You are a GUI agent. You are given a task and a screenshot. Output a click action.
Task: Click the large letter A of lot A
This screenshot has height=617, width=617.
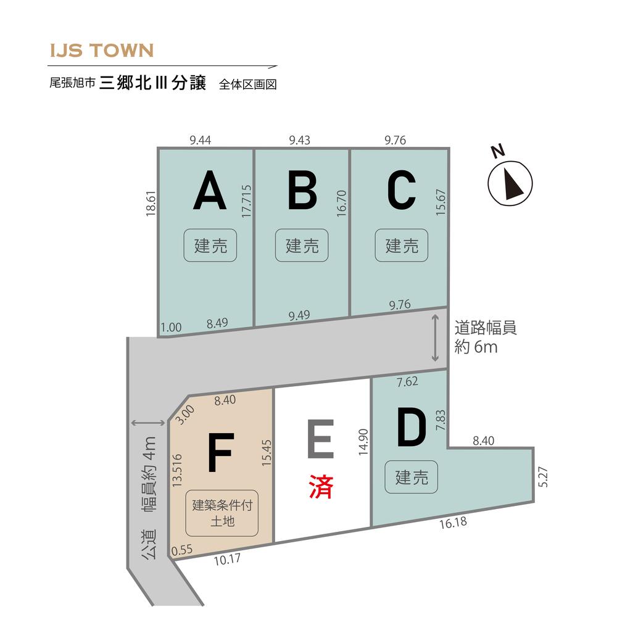pyautogui.click(x=210, y=190)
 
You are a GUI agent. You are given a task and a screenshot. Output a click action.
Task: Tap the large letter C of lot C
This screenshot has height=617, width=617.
pyautogui.click(x=402, y=190)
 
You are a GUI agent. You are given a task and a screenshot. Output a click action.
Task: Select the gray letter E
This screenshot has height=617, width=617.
pyautogui.click(x=321, y=439)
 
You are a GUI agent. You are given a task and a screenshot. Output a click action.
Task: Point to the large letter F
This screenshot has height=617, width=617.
pyautogui.click(x=221, y=452)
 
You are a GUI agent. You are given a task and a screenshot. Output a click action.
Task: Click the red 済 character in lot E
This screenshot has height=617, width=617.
pyautogui.click(x=321, y=486)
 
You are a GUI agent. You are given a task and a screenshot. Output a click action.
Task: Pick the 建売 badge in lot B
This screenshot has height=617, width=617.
pyautogui.click(x=302, y=245)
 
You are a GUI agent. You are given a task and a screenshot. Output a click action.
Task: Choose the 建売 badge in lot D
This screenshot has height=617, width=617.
pyautogui.click(x=411, y=477)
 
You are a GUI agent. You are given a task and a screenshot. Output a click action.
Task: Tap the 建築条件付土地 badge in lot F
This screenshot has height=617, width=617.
pyautogui.click(x=222, y=513)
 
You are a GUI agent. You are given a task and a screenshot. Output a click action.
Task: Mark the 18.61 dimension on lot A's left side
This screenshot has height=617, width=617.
pyautogui.click(x=151, y=204)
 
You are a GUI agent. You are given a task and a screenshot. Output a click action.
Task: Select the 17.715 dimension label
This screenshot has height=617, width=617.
pyautogui.click(x=246, y=201)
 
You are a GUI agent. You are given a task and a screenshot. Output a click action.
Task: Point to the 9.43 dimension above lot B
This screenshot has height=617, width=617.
pyautogui.click(x=299, y=140)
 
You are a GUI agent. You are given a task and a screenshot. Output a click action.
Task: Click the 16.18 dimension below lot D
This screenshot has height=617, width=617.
pyautogui.click(x=453, y=523)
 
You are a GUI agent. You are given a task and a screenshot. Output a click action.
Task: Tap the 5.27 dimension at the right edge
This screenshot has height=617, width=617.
pyautogui.click(x=544, y=477)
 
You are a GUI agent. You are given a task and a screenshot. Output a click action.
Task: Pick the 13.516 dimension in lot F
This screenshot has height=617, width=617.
pyautogui.click(x=178, y=470)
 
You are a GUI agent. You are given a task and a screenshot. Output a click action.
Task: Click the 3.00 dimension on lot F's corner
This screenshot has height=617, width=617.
pyautogui.click(x=184, y=415)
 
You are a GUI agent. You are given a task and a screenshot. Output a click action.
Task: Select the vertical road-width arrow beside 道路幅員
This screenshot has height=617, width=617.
pyautogui.click(x=435, y=337)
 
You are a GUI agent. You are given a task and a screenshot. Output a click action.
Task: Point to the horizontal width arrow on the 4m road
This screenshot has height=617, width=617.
pyautogui.click(x=147, y=423)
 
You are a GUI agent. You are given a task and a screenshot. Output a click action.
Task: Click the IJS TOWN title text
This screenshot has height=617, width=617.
pyautogui.click(x=102, y=51)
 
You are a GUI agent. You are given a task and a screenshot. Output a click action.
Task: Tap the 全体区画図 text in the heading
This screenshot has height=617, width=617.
pyautogui.click(x=248, y=84)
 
